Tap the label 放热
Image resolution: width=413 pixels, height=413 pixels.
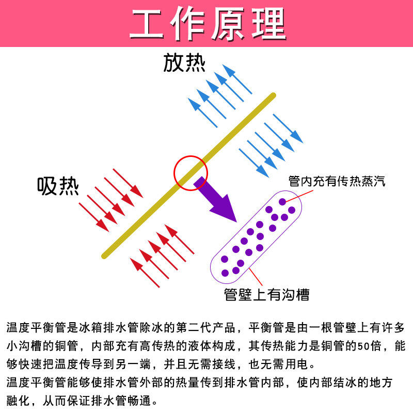[184, 63]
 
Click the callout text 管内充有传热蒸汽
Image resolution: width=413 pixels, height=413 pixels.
[337, 181]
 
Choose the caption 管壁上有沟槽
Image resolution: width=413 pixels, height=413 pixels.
[266, 294]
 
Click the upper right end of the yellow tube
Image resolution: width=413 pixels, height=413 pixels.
[272, 96]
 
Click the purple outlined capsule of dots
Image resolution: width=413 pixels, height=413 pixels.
[257, 235]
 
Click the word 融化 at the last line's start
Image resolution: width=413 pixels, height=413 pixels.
[19, 401]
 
